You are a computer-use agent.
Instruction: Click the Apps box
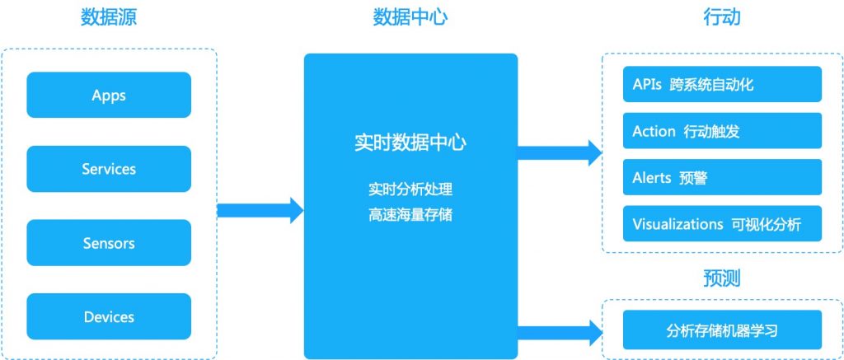109,95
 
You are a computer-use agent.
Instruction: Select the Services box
109,169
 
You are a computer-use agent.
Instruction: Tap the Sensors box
109,243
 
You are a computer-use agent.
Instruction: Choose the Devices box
109,317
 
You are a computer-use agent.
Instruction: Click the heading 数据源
109,17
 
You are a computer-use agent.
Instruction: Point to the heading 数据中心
410,17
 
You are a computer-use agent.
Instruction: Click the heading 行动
722,17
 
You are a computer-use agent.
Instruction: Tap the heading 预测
722,278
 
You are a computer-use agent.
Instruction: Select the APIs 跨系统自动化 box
722,84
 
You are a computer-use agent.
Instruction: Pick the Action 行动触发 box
722,131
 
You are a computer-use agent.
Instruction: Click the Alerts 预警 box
722,177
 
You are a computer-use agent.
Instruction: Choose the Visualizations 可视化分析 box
722,223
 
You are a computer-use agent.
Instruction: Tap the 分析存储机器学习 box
722,331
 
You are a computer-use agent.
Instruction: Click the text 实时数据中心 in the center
410,143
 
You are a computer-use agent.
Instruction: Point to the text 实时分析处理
410,189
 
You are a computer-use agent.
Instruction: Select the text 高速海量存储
410,215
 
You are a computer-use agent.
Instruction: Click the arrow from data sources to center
260,209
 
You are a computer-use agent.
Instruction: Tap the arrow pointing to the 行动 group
559,152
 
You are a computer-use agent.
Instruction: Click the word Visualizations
678,223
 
